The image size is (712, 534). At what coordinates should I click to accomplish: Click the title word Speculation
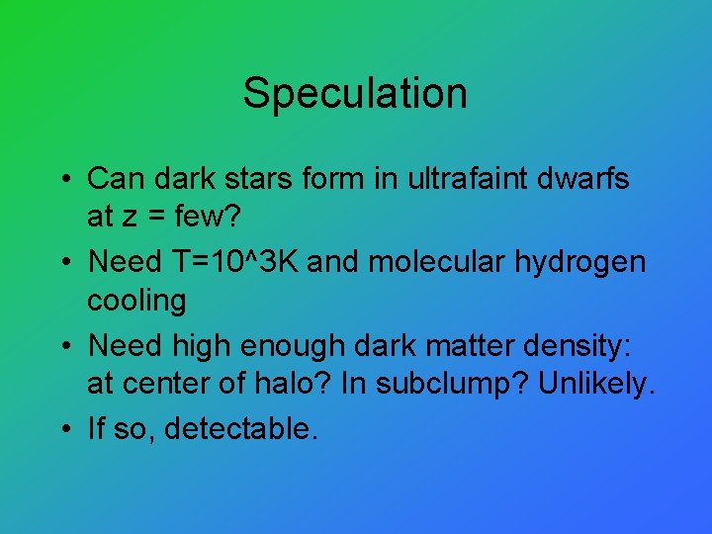(355, 93)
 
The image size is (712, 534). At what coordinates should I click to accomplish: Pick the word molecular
(441, 262)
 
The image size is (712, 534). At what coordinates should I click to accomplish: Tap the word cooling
(136, 300)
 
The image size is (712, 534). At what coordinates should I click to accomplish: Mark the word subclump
(458, 383)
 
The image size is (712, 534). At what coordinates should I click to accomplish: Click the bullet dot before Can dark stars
(62, 181)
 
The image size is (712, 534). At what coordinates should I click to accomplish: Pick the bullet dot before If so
(62, 430)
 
